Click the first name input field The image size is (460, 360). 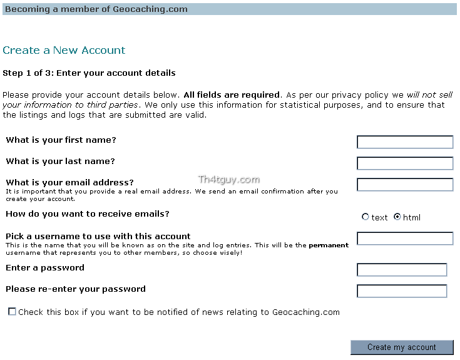click(x=405, y=142)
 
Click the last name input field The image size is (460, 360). click(x=405, y=163)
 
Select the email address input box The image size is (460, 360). click(x=405, y=185)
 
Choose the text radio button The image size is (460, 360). click(x=365, y=217)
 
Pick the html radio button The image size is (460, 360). click(x=397, y=217)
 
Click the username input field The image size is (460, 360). click(x=405, y=239)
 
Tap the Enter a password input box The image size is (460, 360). click(x=402, y=270)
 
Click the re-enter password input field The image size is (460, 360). click(x=402, y=291)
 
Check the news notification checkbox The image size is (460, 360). click(x=12, y=311)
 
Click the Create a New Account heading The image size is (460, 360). click(x=64, y=50)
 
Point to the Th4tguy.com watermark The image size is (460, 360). click(x=228, y=180)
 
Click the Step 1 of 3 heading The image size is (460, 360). click(x=89, y=73)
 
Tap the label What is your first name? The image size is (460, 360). click(x=61, y=140)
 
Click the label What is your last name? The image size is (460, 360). click(x=60, y=161)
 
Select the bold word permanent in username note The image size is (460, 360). click(x=329, y=245)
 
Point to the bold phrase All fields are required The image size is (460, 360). click(x=232, y=95)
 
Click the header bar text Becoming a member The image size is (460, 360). click(x=96, y=9)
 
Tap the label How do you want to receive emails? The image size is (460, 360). click(x=88, y=213)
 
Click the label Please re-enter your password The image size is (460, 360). click(x=76, y=289)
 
